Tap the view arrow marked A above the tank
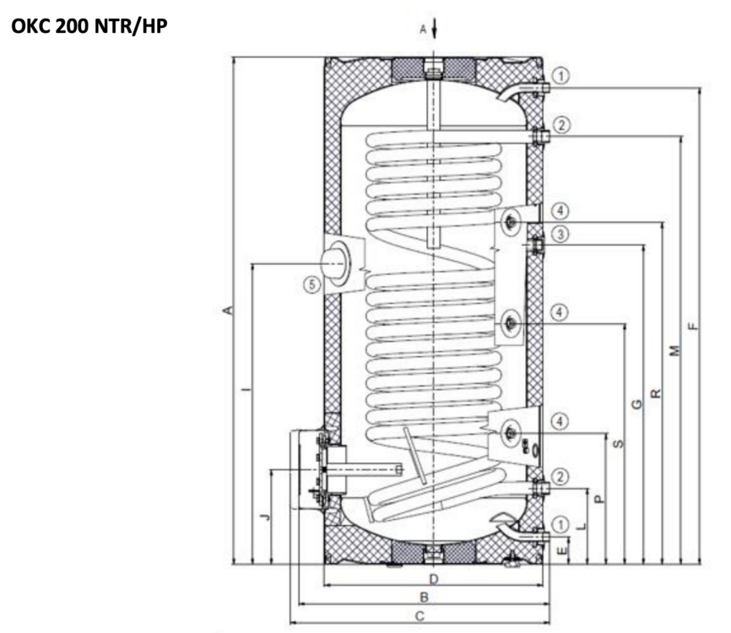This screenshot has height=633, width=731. pyautogui.click(x=432, y=30)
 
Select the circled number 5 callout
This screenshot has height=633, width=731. pyautogui.click(x=313, y=285)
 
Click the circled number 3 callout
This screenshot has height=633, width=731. pyautogui.click(x=561, y=233)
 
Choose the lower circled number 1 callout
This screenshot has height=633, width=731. pyautogui.click(x=563, y=524)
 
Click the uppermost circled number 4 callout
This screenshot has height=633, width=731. pyautogui.click(x=561, y=210)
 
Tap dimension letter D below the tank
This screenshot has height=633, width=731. pyautogui.click(x=433, y=579)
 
